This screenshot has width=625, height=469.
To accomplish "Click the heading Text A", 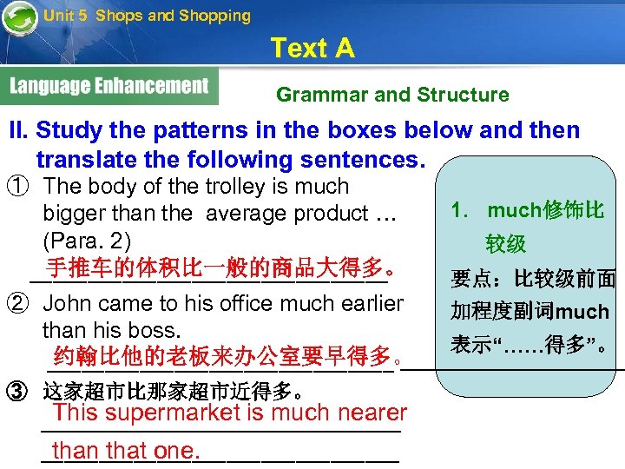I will [312, 48].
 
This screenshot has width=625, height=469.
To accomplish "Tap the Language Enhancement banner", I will [110, 86].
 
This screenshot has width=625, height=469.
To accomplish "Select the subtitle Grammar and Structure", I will [392, 95].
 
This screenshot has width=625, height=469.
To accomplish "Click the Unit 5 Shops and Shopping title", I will [147, 16].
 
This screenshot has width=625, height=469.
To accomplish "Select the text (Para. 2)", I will [85, 239].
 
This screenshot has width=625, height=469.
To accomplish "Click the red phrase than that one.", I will [126, 451].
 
